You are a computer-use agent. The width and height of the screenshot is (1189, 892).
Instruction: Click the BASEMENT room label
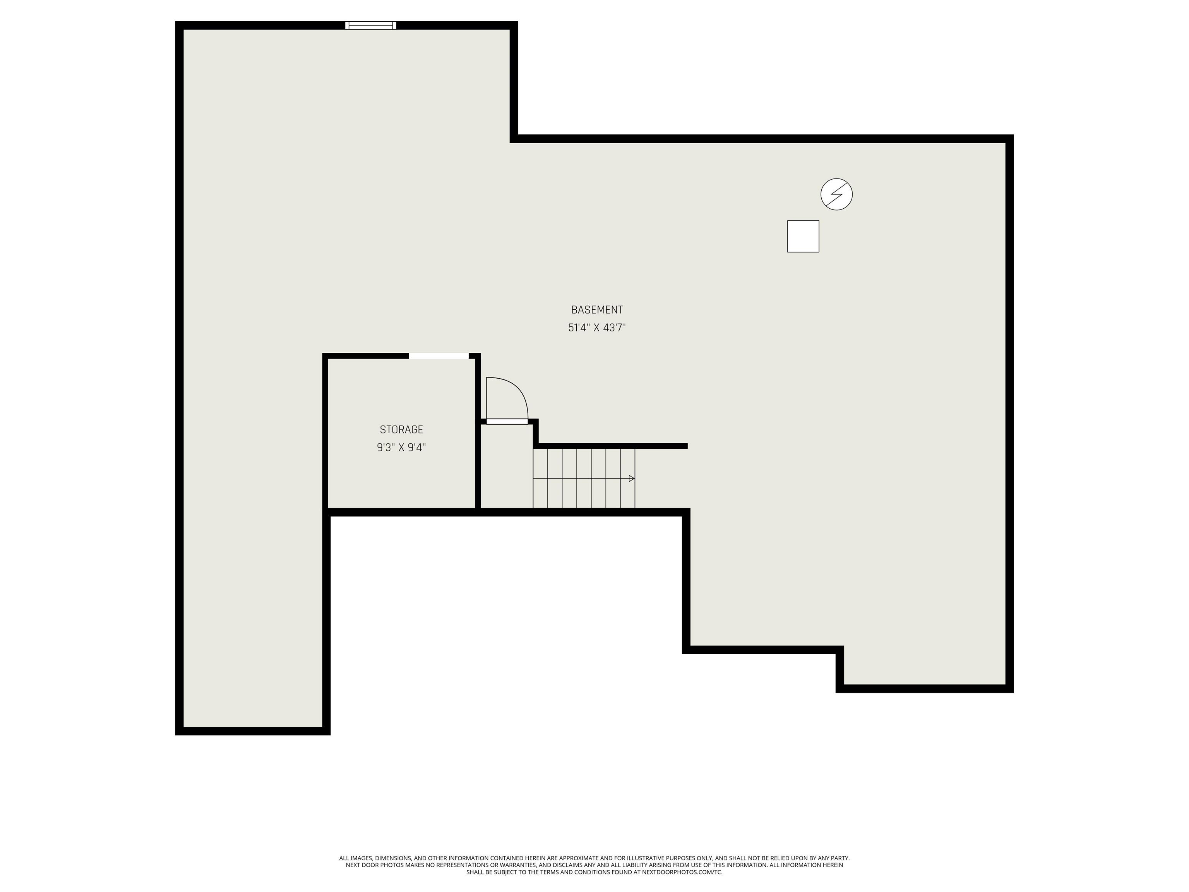coord(597,310)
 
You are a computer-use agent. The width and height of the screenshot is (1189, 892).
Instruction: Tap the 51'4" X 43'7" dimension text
coord(597,328)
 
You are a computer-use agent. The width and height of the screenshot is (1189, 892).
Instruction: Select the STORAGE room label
coord(401,430)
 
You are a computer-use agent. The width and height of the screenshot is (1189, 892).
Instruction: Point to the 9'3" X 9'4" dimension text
coord(401,447)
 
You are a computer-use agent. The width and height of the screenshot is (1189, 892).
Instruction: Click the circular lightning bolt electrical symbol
coord(836,194)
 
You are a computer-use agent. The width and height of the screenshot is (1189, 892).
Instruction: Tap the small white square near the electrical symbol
coord(803,236)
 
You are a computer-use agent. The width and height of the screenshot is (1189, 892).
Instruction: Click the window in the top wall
coord(370,25)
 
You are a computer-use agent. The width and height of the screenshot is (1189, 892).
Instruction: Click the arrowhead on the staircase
coord(632,479)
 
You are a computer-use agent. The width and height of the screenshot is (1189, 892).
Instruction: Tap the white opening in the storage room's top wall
coord(439,356)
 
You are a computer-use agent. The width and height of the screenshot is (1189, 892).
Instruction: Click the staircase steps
coord(584,479)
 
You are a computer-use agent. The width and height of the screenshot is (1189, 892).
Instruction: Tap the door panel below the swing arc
coord(507,422)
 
